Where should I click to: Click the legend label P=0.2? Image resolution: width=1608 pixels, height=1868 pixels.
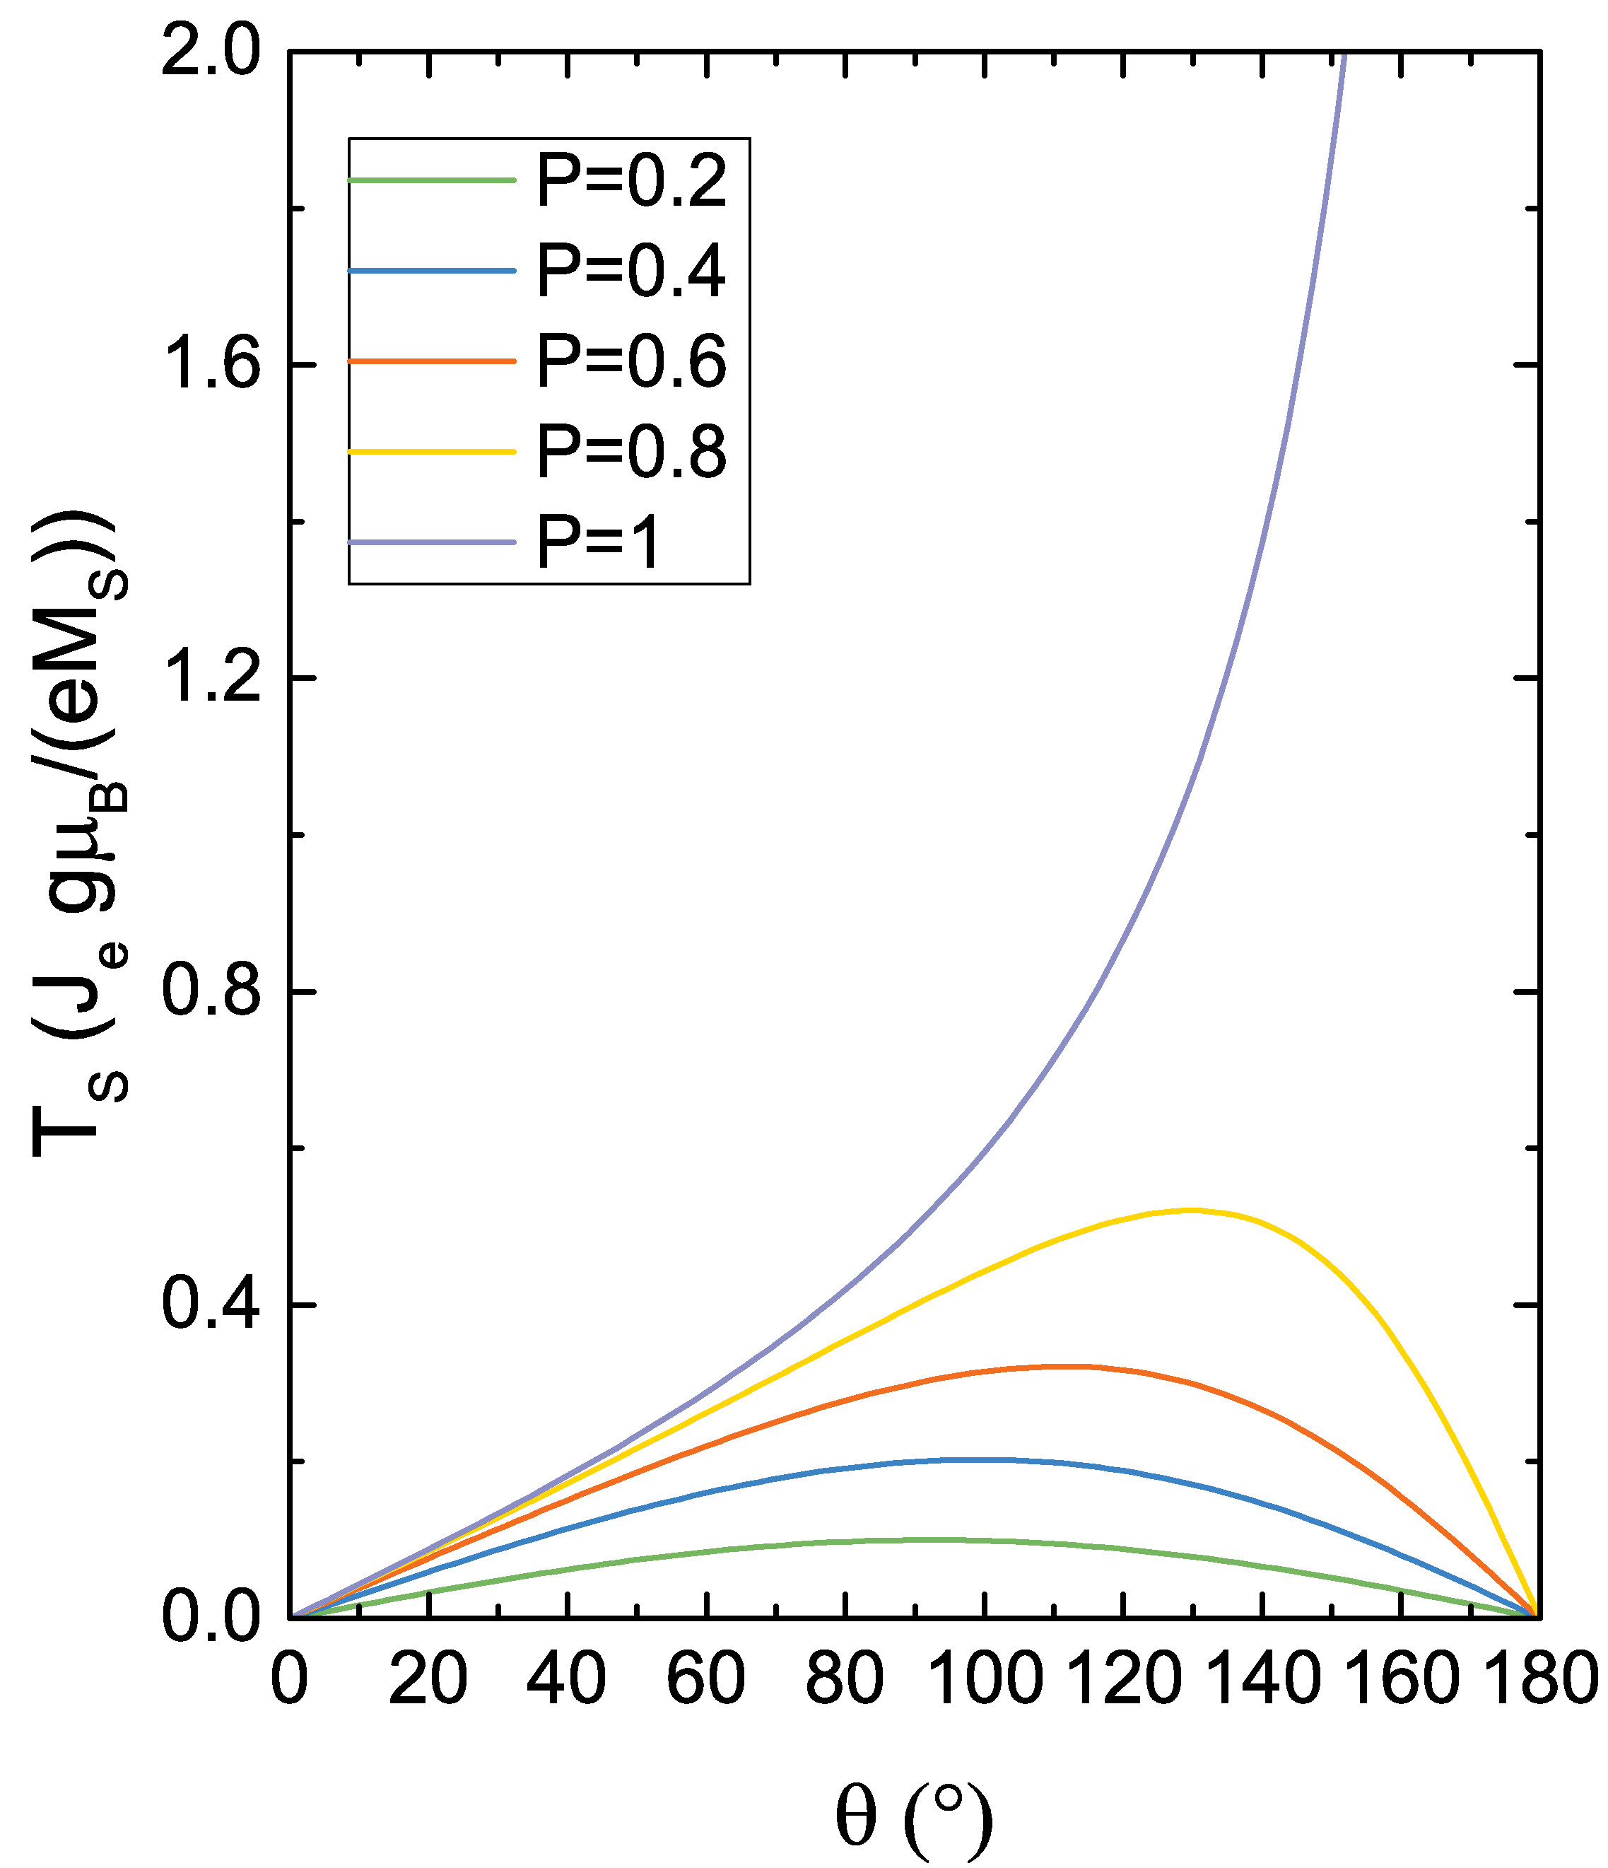(631, 180)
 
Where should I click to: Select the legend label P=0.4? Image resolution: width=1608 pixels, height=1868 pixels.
(631, 271)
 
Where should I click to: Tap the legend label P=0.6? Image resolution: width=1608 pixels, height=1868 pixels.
(631, 361)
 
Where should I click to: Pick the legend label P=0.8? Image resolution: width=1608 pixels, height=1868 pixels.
(631, 451)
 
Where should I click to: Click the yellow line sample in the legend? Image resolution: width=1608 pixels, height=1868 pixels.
(432, 451)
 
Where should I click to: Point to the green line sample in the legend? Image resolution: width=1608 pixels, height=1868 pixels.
(432, 180)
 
